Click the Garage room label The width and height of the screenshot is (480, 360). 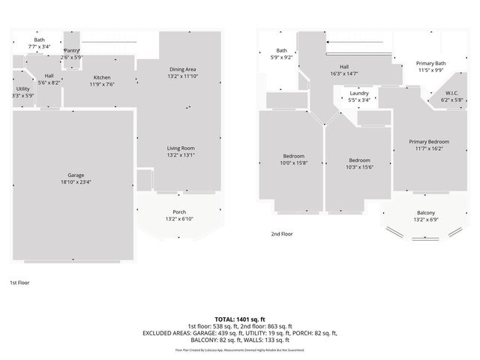[76, 175]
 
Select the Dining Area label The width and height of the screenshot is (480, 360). [182, 69]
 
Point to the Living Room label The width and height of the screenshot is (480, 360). [181, 148]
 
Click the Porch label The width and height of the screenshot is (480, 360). [179, 211]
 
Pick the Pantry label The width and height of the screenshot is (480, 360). [71, 50]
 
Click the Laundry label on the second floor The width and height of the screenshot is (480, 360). [359, 93]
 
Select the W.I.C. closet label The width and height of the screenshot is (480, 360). [441, 93]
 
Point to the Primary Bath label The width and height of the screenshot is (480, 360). [430, 64]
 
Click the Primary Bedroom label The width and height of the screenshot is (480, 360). [429, 142]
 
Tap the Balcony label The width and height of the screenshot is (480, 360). [424, 213]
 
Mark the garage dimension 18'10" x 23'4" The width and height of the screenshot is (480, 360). [76, 181]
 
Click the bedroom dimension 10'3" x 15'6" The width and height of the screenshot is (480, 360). [359, 166]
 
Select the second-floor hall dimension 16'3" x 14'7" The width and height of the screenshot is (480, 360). [344, 73]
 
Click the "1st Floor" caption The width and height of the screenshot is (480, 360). [19, 283]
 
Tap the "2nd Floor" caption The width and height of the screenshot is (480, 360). [282, 234]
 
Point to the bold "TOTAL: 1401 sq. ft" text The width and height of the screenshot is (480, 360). [240, 319]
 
